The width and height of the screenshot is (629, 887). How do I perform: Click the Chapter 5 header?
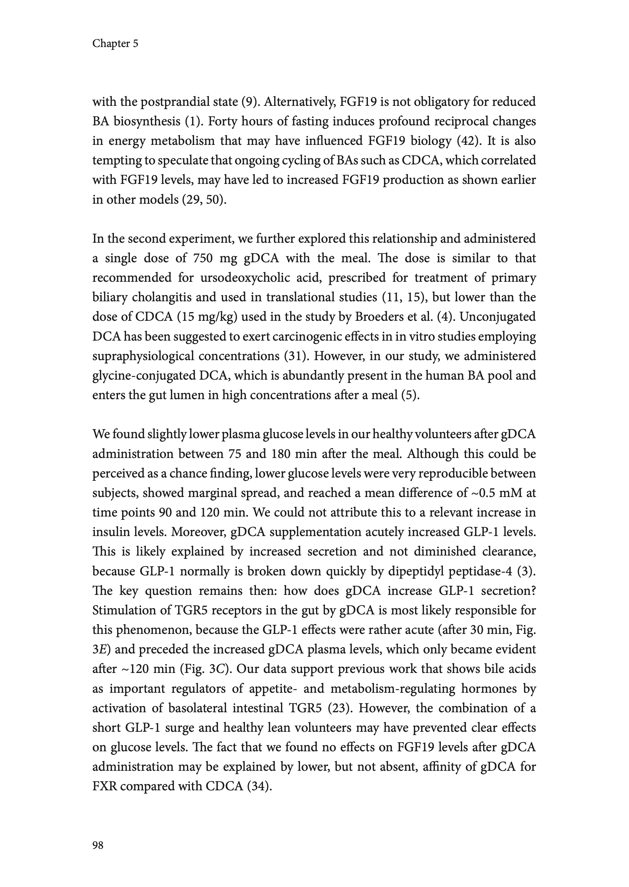[x=115, y=44]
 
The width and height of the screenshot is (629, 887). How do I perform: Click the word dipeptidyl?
[x=411, y=571]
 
